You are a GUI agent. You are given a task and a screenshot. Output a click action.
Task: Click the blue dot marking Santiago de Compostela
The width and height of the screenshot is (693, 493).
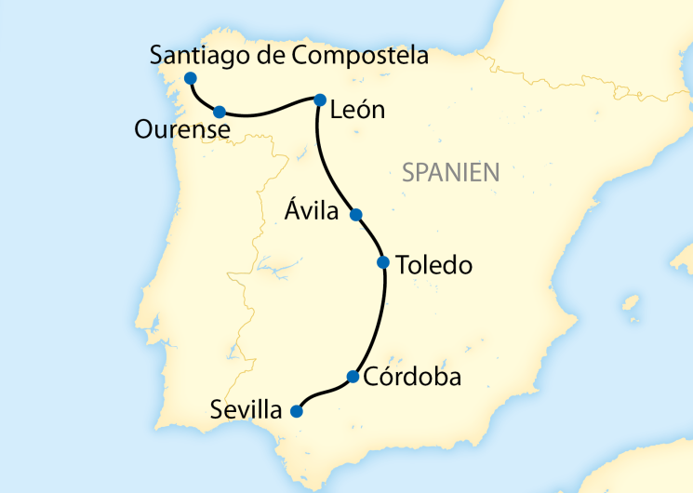point(190,78)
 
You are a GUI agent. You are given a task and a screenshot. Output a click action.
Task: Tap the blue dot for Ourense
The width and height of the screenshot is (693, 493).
point(220,112)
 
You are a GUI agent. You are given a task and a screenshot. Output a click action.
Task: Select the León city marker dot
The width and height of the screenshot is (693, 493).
point(319,100)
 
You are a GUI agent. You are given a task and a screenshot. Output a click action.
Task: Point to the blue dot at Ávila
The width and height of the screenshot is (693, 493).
point(354,215)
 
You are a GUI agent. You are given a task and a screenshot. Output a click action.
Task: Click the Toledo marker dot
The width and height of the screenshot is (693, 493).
point(382,262)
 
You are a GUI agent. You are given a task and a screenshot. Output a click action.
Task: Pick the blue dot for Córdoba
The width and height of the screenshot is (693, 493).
point(353,377)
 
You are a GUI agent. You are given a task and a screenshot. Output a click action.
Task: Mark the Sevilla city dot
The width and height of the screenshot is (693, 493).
point(297,410)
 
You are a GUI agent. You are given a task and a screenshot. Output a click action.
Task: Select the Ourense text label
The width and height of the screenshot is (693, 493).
point(181,130)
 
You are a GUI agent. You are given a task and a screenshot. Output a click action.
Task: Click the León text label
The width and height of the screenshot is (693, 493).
point(357,111)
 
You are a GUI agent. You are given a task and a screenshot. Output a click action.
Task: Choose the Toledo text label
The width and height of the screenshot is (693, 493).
point(433,265)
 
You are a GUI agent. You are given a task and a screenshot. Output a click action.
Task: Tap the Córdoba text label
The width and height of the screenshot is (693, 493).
point(412,379)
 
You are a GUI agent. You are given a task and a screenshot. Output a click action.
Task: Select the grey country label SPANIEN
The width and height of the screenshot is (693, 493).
point(451,171)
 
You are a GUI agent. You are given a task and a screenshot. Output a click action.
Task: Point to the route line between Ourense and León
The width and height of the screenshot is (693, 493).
point(270,113)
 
